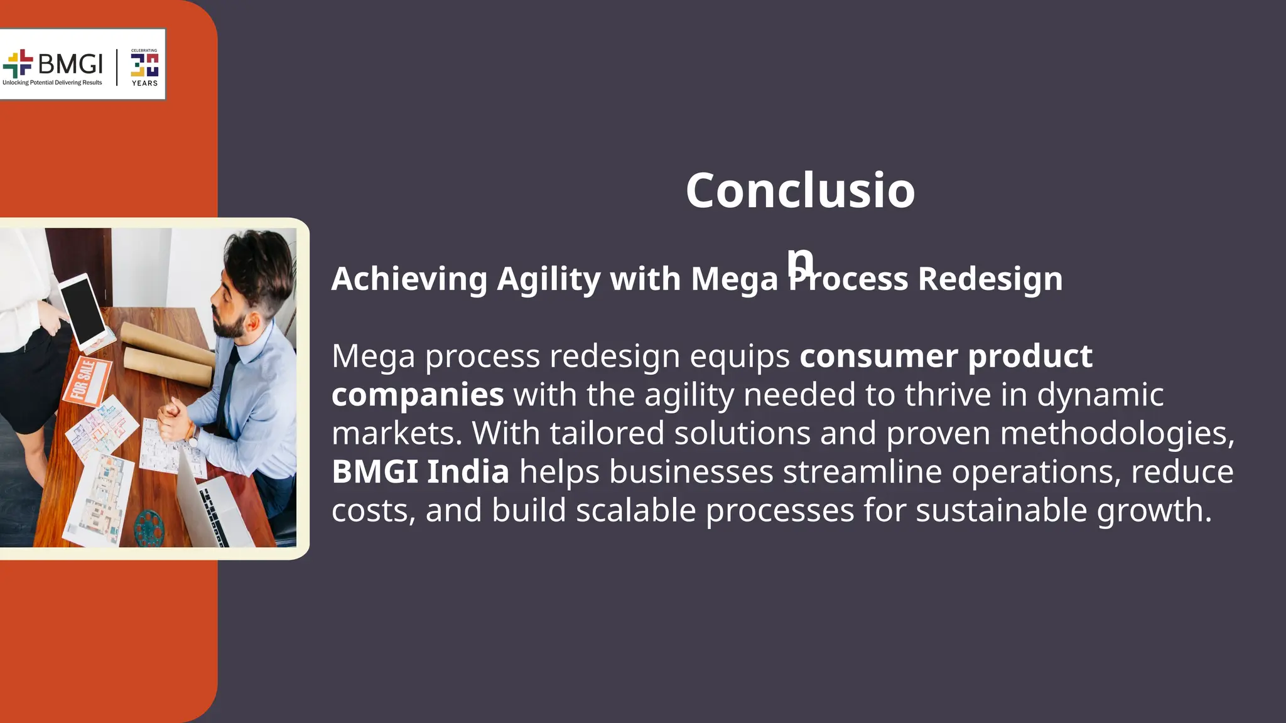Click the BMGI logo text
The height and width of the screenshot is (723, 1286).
point(70,64)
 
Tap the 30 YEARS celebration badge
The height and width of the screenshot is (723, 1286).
point(144,67)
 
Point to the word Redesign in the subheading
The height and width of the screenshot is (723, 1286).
point(990,279)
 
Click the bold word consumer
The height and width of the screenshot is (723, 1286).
point(879,356)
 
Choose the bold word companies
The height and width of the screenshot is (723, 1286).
point(418,395)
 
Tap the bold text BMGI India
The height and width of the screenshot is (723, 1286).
point(420,472)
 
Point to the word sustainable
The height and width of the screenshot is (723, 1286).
point(1001,510)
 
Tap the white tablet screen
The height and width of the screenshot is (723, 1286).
point(84,309)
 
